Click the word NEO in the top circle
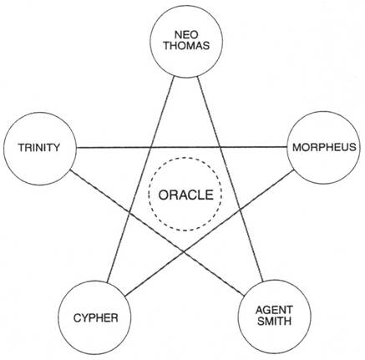point(186,35)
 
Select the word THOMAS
point(186,46)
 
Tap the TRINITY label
point(39,147)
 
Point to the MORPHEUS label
point(324,147)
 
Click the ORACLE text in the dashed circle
point(186,195)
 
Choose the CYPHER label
point(95,318)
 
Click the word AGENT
point(274,310)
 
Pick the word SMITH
point(274,321)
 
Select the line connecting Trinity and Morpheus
point(182,147)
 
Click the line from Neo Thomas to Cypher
point(141,179)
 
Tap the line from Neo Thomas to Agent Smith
point(230,179)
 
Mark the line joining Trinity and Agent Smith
point(157,232)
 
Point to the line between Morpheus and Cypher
point(210,233)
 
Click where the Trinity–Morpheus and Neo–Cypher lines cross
point(151,147)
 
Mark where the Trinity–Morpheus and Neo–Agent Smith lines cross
point(220,147)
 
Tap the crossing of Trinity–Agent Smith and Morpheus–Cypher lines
point(183,251)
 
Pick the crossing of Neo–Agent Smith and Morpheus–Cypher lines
point(240,210)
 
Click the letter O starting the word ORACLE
point(164,195)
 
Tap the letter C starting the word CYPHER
point(78,318)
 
